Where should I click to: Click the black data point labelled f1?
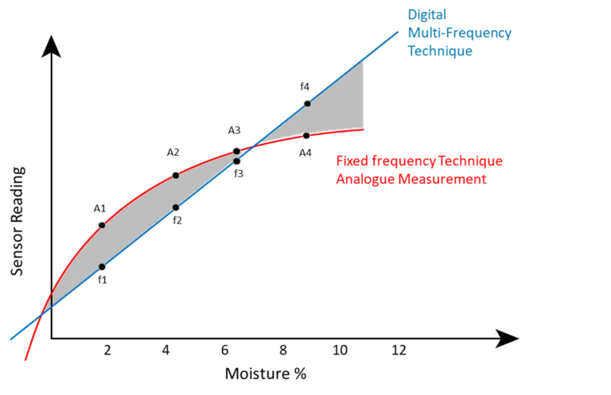tap(102, 267)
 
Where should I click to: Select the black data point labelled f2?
tap(176, 207)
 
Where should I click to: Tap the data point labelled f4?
tap(307, 103)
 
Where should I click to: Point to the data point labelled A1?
tap(102, 226)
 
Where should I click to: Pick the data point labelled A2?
tap(176, 176)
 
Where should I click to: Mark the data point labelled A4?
tap(306, 136)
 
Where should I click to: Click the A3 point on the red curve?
tap(236, 151)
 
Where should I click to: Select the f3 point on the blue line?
tap(236, 161)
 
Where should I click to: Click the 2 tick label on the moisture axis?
tap(107, 350)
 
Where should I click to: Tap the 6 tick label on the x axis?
tap(225, 350)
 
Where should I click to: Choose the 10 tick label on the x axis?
tap(340, 350)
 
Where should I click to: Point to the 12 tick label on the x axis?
tap(399, 350)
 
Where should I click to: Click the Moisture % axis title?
tap(266, 374)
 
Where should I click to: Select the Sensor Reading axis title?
tap(18, 221)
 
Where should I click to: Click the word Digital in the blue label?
tap(427, 15)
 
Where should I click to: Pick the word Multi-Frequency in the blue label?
tap(460, 33)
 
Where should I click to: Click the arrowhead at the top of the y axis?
tap(51, 46)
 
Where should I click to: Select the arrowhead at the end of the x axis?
tap(507, 339)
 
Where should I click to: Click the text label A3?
tap(234, 130)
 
